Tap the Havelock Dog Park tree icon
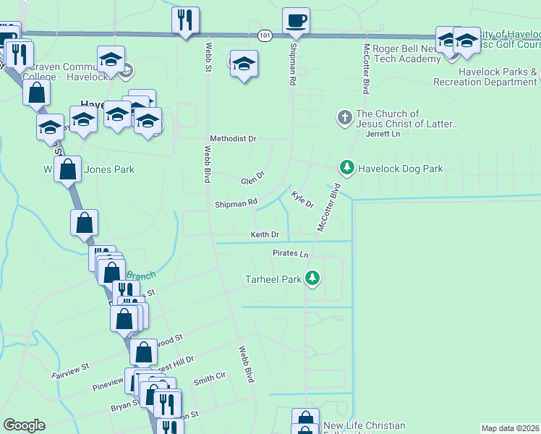(x=347, y=169)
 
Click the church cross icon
(x=345, y=116)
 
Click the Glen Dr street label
(x=253, y=177)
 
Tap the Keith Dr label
(x=265, y=234)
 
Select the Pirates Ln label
(x=291, y=254)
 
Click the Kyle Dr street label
(x=302, y=200)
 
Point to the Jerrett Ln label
(x=383, y=134)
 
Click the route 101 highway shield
(x=265, y=35)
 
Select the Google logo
(x=24, y=425)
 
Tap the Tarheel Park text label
(x=273, y=279)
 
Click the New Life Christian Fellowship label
(x=364, y=427)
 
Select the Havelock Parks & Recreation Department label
(x=485, y=77)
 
